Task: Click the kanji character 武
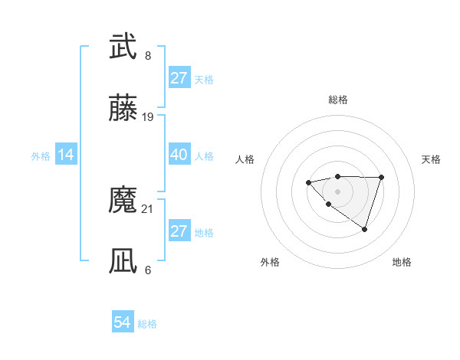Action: point(123,47)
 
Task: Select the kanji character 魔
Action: point(123,201)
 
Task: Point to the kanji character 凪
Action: point(123,261)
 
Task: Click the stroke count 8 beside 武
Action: point(148,55)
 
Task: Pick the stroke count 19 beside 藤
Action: point(148,117)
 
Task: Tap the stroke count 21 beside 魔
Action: point(148,208)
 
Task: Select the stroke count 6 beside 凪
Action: point(148,270)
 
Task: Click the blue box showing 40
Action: point(179,155)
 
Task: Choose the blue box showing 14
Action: point(66,155)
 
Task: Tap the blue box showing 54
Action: point(123,323)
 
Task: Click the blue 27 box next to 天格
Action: point(179,78)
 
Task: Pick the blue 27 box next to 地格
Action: point(179,231)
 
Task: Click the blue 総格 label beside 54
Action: point(147,324)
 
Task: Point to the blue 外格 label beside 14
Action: point(41,155)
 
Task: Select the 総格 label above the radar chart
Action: point(337,100)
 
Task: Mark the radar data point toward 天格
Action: point(382,178)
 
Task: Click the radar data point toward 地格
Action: point(365,229)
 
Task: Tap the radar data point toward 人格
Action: point(308,182)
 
